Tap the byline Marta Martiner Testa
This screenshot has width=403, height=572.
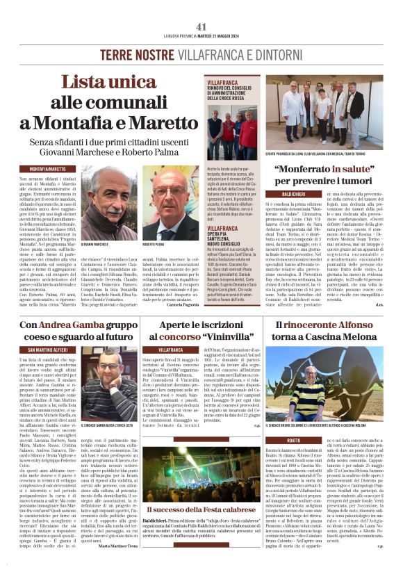coord(113,564)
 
